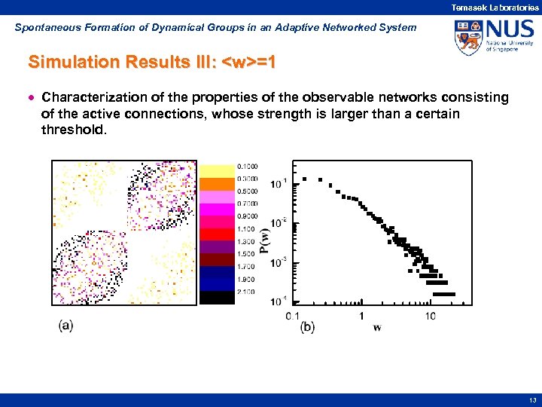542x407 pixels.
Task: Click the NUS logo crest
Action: tap(468, 37)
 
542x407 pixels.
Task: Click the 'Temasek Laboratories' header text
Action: tap(495, 7)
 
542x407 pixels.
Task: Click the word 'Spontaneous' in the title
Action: tap(44, 27)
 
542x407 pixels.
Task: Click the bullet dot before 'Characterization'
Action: tap(32, 98)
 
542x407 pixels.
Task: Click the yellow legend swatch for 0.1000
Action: tap(217, 170)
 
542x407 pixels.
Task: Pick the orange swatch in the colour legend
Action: tap(217, 183)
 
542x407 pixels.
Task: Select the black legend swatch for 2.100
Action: tap(217, 297)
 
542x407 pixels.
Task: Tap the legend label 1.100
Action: tap(247, 228)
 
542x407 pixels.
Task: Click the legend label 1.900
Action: tap(247, 279)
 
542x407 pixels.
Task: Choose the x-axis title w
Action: tap(376, 327)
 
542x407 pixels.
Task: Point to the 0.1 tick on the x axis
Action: tap(293, 316)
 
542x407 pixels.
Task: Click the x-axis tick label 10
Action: tap(429, 316)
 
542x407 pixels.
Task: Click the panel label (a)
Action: tap(65, 325)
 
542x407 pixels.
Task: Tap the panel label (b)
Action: tap(307, 327)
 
